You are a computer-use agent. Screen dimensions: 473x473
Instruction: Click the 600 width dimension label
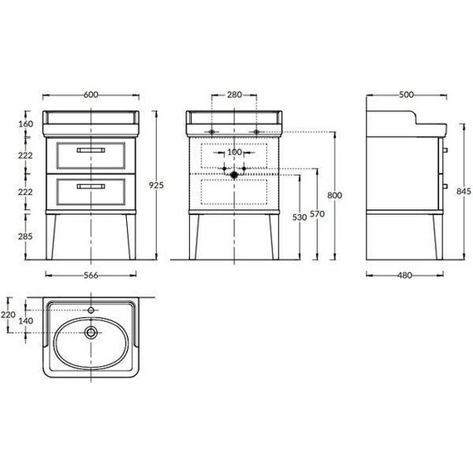coord(90,95)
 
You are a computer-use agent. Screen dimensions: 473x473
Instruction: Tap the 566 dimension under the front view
coord(90,276)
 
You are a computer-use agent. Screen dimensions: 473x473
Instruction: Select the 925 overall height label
coord(156,185)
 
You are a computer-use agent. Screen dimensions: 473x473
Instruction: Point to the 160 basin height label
coord(26,124)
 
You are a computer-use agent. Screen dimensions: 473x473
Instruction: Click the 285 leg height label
coord(26,236)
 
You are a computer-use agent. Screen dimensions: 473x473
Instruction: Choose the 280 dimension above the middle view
coord(234,95)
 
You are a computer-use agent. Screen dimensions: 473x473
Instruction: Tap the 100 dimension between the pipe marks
coord(234,153)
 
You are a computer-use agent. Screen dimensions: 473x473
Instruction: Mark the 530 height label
coord(300,217)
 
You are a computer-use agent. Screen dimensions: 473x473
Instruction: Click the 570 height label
coord(317,214)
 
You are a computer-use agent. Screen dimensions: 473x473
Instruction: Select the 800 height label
coord(335,196)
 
